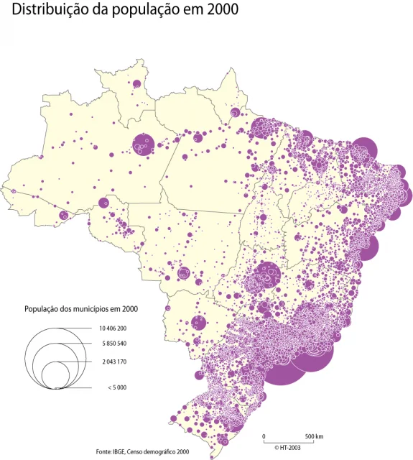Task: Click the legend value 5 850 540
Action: click(x=108, y=344)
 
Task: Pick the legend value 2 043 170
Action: click(x=108, y=362)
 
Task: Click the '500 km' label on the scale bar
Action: click(x=314, y=437)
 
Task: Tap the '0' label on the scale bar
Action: click(x=264, y=437)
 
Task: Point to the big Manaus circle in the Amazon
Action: click(x=143, y=144)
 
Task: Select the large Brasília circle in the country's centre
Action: click(x=270, y=272)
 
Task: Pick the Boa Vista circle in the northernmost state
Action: click(x=135, y=84)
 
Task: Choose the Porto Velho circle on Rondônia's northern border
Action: click(x=103, y=203)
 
